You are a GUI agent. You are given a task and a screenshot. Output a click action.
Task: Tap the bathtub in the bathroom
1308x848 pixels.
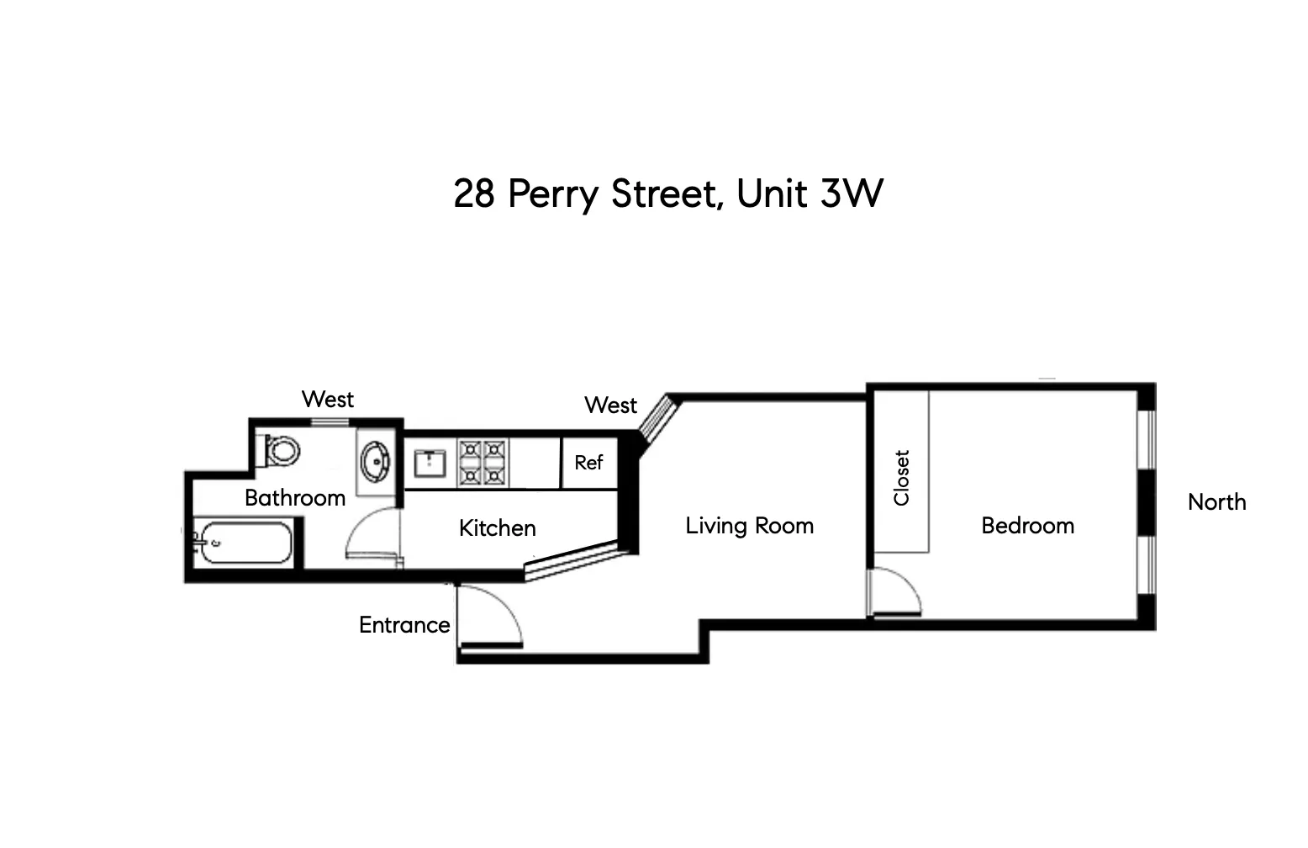click(244, 543)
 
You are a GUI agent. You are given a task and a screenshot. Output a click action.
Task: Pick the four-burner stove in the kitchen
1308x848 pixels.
click(483, 462)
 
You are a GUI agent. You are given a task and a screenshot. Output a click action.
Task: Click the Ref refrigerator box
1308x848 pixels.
click(588, 462)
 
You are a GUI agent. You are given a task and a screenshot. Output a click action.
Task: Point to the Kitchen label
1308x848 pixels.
click(497, 528)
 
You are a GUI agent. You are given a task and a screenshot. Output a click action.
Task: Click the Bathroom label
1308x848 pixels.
click(294, 497)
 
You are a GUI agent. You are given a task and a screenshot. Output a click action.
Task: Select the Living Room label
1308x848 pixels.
click(749, 526)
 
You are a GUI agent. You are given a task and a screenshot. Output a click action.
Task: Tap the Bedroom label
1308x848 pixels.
click(1027, 526)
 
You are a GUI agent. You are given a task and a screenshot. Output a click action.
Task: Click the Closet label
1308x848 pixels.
click(902, 478)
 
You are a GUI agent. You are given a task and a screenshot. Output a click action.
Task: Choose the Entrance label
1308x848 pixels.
click(404, 625)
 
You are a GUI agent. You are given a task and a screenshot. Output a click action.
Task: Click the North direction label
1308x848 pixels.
click(1216, 502)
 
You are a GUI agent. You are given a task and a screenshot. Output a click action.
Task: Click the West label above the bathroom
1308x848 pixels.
click(327, 399)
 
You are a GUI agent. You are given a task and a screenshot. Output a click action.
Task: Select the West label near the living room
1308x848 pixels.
click(610, 405)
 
